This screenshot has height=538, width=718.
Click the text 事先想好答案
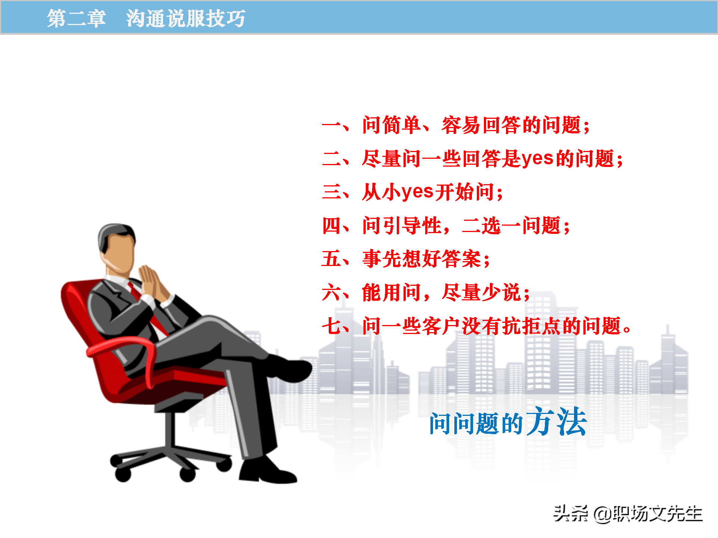click(x=422, y=259)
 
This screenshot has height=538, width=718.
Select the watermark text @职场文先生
click(x=648, y=514)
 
